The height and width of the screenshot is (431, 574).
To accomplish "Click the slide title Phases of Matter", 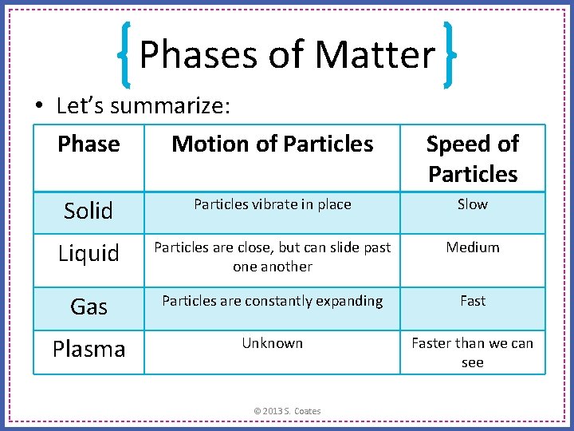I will pyautogui.click(x=287, y=54).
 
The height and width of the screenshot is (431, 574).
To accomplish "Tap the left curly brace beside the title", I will pyautogui.click(x=124, y=54).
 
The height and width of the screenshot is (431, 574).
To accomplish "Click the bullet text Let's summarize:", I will pyautogui.click(x=143, y=105).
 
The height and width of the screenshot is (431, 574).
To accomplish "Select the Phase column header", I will pyautogui.click(x=88, y=144).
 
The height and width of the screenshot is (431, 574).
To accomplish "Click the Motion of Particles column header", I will pyautogui.click(x=272, y=144).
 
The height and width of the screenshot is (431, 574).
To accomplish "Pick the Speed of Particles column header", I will pyautogui.click(x=472, y=159).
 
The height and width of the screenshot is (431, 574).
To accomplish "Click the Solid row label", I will pyautogui.click(x=88, y=211).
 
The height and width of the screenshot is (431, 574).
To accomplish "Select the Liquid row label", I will pyautogui.click(x=88, y=254).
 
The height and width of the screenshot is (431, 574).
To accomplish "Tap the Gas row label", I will pyautogui.click(x=88, y=306).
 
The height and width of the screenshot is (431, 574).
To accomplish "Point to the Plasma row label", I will pyautogui.click(x=88, y=350).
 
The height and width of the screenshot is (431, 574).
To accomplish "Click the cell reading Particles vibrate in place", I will pyautogui.click(x=272, y=204).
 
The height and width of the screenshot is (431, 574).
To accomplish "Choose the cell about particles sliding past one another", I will pyautogui.click(x=272, y=257).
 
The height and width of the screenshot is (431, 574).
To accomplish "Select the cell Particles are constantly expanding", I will pyautogui.click(x=272, y=301).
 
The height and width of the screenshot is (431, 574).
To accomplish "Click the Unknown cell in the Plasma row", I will pyautogui.click(x=272, y=343).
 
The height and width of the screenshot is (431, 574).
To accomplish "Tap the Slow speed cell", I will pyautogui.click(x=472, y=204).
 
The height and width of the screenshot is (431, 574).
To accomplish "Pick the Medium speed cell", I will pyautogui.click(x=472, y=247).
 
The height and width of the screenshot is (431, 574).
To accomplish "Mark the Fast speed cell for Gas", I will pyautogui.click(x=472, y=301).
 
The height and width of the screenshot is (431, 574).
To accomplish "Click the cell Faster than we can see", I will pyautogui.click(x=472, y=353).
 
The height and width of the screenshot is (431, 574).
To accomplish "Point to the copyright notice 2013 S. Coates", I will pyautogui.click(x=287, y=411).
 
